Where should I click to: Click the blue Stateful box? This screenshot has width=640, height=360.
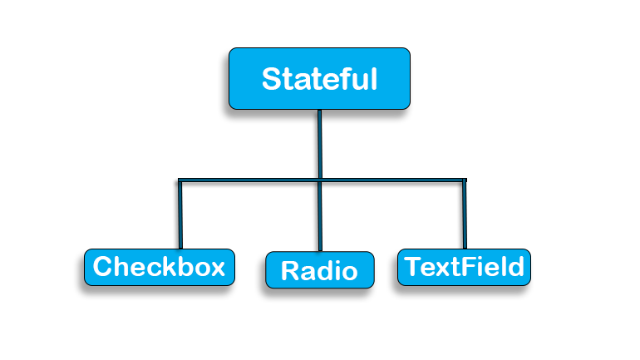click(319, 79)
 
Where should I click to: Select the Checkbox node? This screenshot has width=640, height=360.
click(159, 267)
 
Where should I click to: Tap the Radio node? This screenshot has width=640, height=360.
click(319, 270)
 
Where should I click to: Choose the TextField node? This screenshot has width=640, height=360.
click(464, 267)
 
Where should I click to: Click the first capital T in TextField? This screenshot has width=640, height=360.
click(412, 267)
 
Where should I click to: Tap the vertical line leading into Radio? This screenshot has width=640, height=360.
click(320, 216)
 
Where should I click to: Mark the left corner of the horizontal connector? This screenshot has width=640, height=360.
click(180, 179)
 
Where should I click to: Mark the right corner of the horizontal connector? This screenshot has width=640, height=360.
click(464, 179)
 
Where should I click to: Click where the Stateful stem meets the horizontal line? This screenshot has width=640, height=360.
click(320, 179)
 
